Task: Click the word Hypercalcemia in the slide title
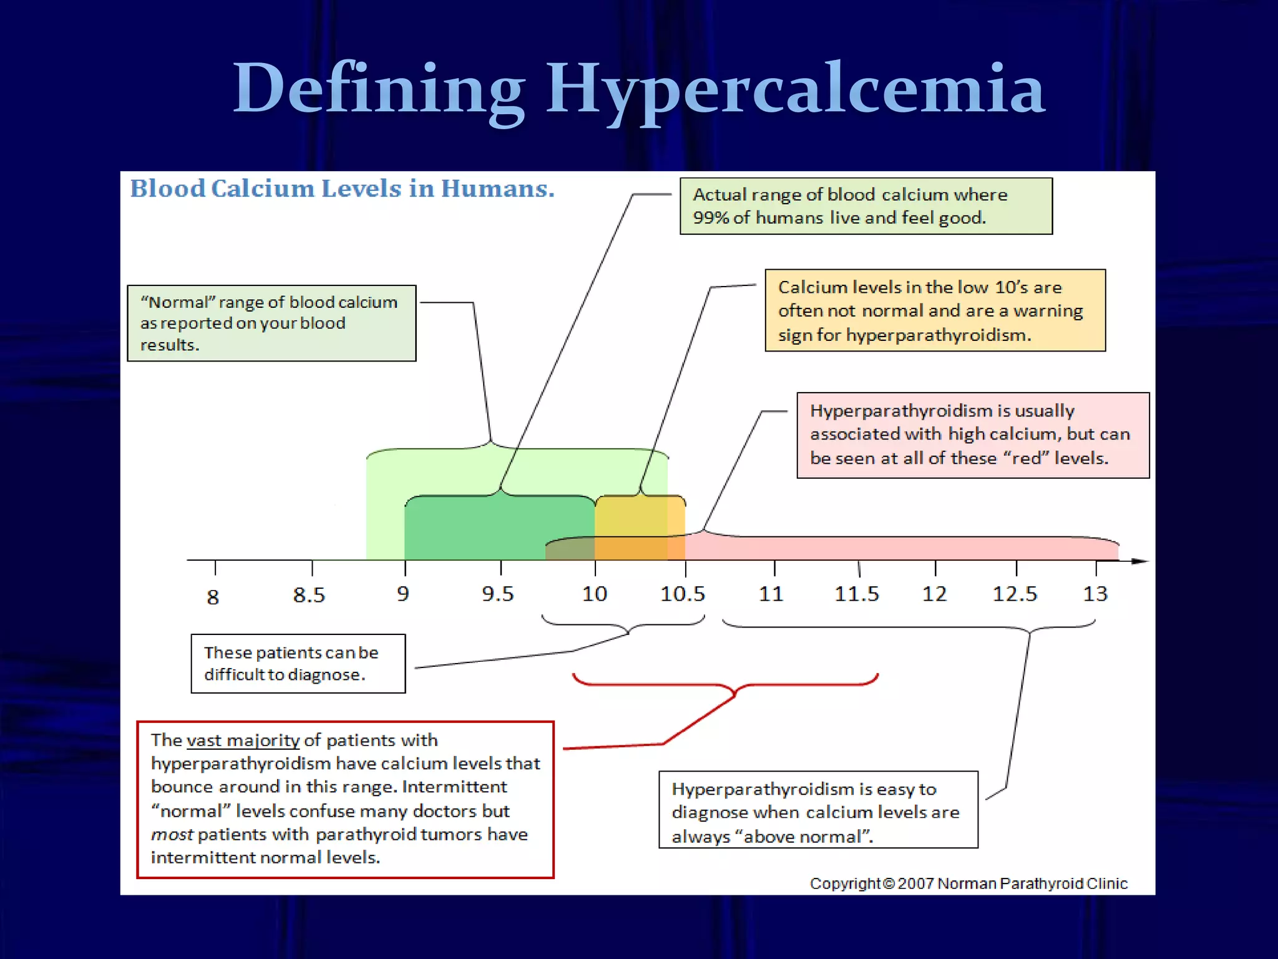pyautogui.click(x=795, y=89)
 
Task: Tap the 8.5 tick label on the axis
pyautogui.click(x=309, y=595)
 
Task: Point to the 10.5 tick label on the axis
pyautogui.click(x=683, y=594)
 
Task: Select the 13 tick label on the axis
pyautogui.click(x=1095, y=594)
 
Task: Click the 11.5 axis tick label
pyautogui.click(x=857, y=594)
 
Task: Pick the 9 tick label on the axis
pyautogui.click(x=403, y=594)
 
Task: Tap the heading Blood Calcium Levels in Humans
pyautogui.click(x=342, y=189)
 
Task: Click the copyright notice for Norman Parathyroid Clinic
pyautogui.click(x=968, y=883)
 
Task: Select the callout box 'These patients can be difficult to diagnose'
pyautogui.click(x=298, y=664)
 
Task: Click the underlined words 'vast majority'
pyautogui.click(x=243, y=740)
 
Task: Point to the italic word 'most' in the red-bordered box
pyautogui.click(x=172, y=835)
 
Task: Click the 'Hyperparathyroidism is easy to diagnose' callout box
pyautogui.click(x=818, y=810)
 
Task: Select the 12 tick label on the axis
pyautogui.click(x=934, y=594)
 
